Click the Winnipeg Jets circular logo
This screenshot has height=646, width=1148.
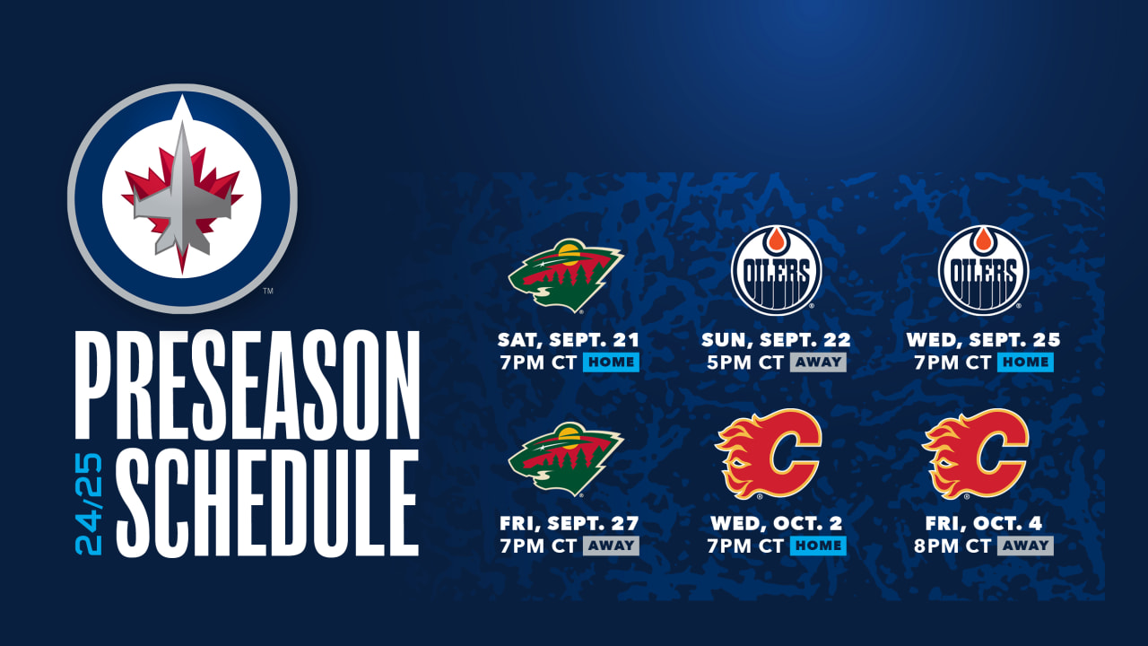pyautogui.click(x=182, y=198)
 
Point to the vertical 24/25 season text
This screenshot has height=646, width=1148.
pyautogui.click(x=90, y=503)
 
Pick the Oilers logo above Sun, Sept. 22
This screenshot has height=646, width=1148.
pyautogui.click(x=776, y=270)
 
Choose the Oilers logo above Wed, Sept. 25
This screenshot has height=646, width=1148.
pyautogui.click(x=983, y=270)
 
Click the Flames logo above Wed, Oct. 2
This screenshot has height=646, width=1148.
pyautogui.click(x=769, y=453)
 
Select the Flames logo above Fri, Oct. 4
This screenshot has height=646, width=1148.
pyautogui.click(x=976, y=453)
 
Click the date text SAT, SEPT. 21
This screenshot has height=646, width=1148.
pyautogui.click(x=569, y=341)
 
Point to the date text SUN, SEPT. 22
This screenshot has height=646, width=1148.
pyautogui.click(x=776, y=341)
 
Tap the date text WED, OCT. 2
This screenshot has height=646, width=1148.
pyautogui.click(x=777, y=524)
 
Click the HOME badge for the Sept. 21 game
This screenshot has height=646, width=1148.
pyautogui.click(x=611, y=362)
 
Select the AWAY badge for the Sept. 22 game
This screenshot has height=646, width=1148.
pyautogui.click(x=817, y=362)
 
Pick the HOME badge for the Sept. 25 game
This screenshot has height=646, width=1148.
pyautogui.click(x=1025, y=362)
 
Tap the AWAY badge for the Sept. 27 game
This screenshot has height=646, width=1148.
pyautogui.click(x=611, y=546)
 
